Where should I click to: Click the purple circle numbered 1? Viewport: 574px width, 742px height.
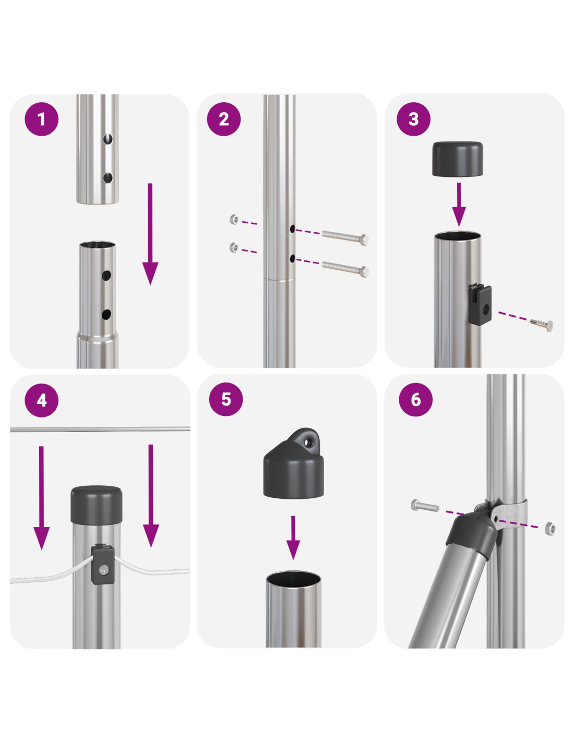click(42, 119)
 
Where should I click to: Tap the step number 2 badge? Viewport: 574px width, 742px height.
click(224, 119)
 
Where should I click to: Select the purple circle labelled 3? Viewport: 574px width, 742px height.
click(413, 119)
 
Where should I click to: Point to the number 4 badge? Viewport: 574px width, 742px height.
click(42, 400)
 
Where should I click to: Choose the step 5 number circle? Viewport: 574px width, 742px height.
click(226, 399)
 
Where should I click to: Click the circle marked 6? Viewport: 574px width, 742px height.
click(415, 399)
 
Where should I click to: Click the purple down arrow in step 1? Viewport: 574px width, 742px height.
click(150, 234)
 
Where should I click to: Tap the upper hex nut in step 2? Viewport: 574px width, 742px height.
click(234, 219)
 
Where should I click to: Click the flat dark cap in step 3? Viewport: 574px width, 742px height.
click(458, 159)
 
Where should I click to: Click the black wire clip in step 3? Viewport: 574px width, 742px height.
click(480, 304)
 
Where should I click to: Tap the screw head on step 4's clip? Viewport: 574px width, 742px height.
click(104, 569)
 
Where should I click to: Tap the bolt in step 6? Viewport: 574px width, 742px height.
click(425, 506)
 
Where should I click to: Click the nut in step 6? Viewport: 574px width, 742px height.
click(550, 528)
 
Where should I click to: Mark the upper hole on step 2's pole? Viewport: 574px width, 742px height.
click(293, 229)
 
